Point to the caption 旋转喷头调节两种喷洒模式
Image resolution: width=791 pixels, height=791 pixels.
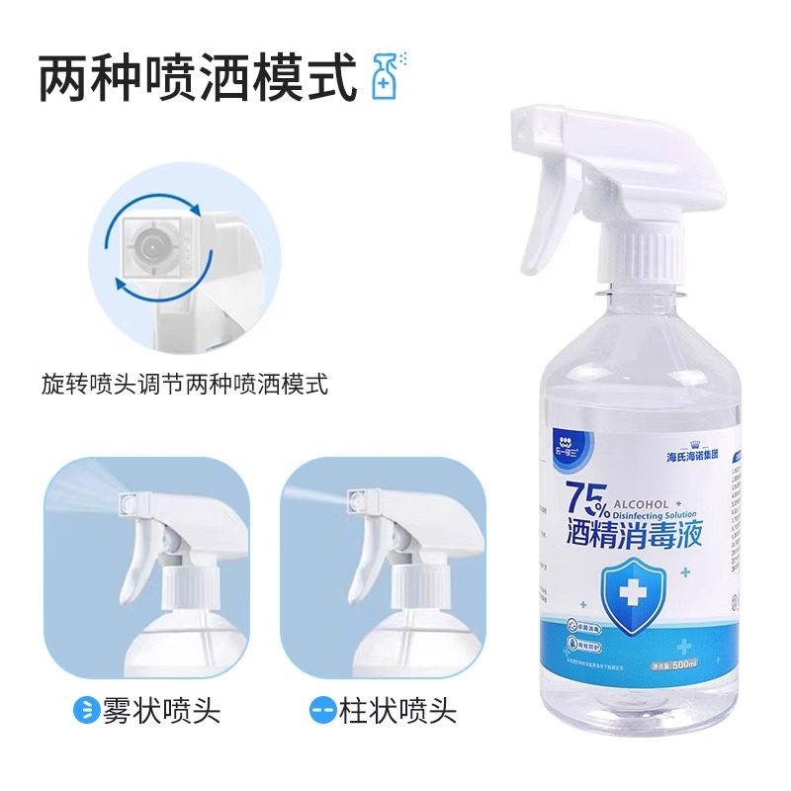185,383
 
